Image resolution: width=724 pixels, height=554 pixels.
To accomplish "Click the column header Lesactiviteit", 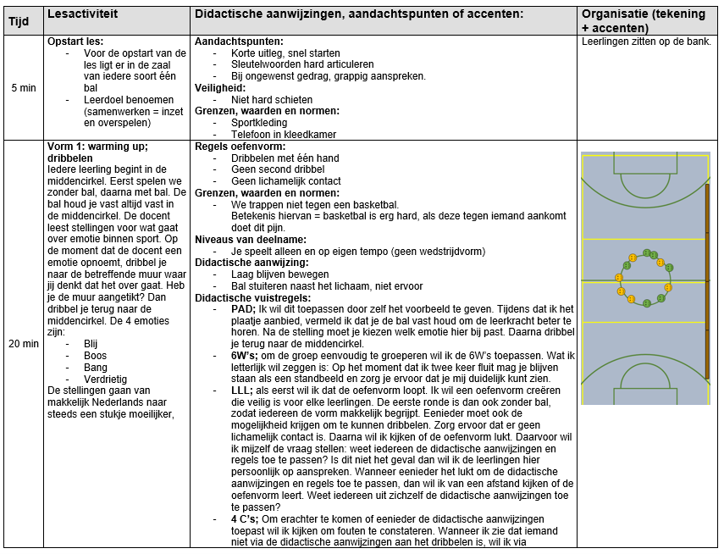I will (82, 14).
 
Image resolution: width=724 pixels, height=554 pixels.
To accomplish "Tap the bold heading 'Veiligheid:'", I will (220, 87).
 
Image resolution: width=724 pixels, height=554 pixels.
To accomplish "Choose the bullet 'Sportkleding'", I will (259, 123).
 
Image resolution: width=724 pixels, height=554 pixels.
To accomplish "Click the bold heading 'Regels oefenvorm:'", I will (236, 146).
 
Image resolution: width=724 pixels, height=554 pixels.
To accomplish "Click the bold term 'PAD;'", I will (245, 308).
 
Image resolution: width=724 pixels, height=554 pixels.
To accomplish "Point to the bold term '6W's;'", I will (248, 355).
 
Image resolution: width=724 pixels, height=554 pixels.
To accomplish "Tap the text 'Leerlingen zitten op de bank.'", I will (647, 42).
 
